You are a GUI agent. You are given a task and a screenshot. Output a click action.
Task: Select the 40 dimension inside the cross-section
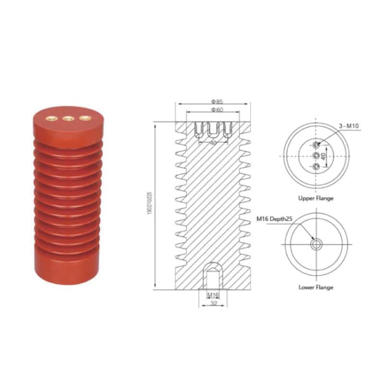coord(213,142)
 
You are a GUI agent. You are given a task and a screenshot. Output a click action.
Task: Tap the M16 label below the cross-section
coord(213,295)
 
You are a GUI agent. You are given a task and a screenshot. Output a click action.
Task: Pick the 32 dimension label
coord(213,304)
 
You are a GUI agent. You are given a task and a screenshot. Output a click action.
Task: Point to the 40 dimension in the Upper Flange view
coord(324,156)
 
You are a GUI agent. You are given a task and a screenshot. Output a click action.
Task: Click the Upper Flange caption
coord(315,198)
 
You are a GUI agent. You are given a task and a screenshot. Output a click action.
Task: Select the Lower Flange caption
coord(315,287)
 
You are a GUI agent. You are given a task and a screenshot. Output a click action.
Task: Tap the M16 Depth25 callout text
coord(274,219)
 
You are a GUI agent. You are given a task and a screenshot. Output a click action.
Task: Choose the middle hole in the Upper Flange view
coord(316,156)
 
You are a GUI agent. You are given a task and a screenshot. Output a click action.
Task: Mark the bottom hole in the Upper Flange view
coord(316,167)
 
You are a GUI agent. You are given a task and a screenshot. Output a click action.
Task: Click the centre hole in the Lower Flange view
coord(316,244)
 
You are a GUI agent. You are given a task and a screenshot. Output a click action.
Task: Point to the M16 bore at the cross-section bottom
coord(213,276)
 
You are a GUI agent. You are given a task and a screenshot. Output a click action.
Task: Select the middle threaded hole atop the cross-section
coord(213,130)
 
